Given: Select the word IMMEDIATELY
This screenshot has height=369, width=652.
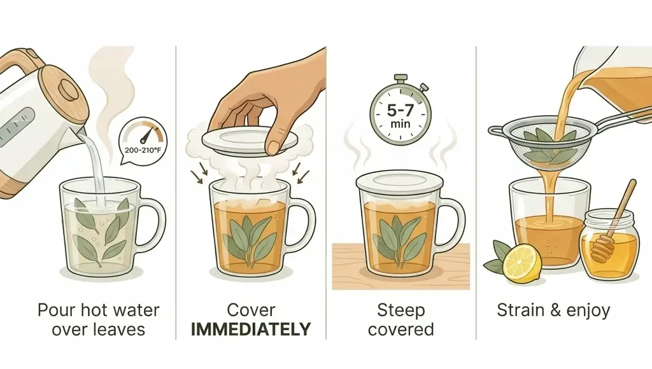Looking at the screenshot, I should (x=250, y=329).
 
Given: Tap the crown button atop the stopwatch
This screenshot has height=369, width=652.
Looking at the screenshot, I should (x=400, y=78).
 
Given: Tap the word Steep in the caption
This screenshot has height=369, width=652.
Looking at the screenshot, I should (x=401, y=311).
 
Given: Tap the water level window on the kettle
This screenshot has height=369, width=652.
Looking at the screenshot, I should (x=17, y=121).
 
